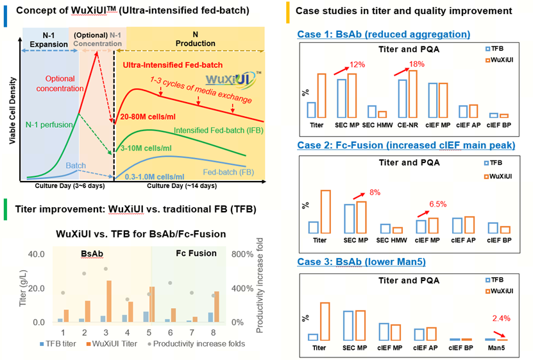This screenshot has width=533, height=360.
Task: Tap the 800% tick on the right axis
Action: pyautogui.click(x=243, y=254)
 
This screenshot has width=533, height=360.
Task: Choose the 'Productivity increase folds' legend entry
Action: pyautogui.click(x=193, y=343)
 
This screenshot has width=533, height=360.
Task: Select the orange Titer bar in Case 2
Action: pyautogui.click(x=325, y=212)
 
